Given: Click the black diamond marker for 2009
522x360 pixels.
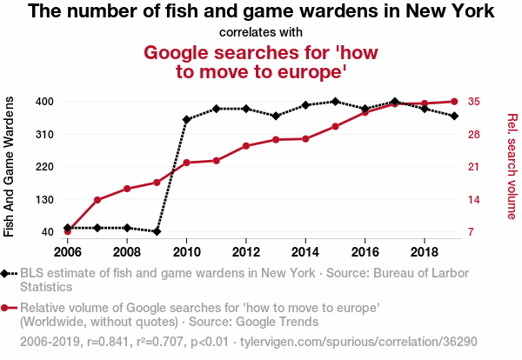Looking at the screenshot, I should [157, 231].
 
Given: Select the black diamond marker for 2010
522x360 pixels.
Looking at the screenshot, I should [186, 119].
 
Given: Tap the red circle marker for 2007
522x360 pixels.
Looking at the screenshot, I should [97, 200].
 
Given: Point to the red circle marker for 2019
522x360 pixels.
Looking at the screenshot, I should [454, 102].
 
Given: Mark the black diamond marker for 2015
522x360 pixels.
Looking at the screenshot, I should [336, 102].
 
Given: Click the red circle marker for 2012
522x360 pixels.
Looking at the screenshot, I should [246, 146].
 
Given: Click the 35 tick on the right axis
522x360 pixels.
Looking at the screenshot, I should [474, 102].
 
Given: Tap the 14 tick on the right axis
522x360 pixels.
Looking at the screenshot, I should [474, 199].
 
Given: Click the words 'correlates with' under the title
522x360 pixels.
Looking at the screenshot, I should [261, 33].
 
